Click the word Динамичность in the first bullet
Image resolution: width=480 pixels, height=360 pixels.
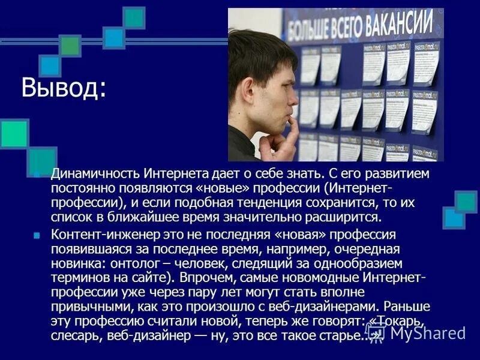[x=96, y=174]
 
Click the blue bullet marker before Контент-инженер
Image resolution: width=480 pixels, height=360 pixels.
[x=37, y=235]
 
